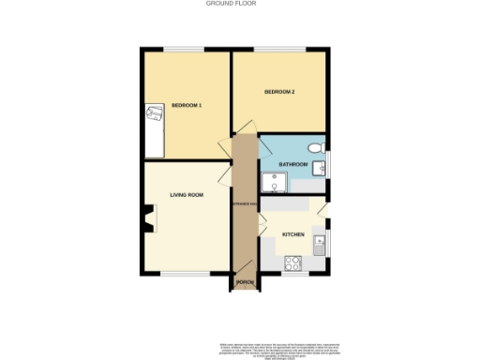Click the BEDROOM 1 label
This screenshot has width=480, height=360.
click(187, 106)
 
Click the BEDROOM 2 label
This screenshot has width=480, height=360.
click(279, 92)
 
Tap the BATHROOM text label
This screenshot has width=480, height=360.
click(293, 164)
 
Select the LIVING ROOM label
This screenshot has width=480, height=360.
click(187, 195)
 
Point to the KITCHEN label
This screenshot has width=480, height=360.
click(293, 234)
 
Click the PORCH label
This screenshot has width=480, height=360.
click(245, 282)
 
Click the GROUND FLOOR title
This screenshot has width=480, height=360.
click(231, 4)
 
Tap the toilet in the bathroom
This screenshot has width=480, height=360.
click(315, 148)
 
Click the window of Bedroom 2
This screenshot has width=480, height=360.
click(281, 48)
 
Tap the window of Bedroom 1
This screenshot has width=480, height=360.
click(187, 48)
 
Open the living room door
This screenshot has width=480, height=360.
click(225, 175)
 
